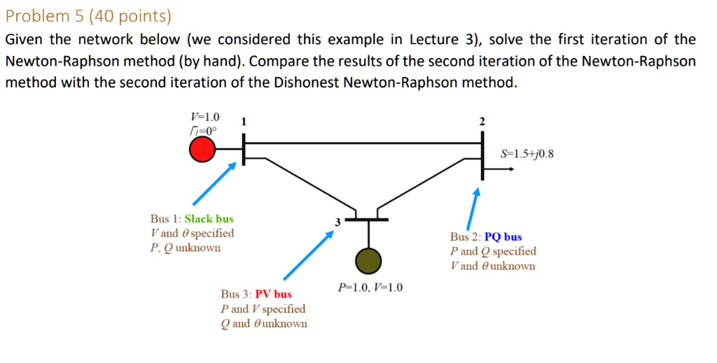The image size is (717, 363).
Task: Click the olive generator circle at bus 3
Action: [x=368, y=260]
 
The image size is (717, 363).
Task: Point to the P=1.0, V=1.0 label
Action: [x=370, y=287]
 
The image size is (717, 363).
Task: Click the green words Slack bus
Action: [x=209, y=219]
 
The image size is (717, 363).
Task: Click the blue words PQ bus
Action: [x=503, y=237]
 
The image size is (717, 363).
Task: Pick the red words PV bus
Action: [x=273, y=294]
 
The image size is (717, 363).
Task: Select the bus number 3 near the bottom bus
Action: [x=337, y=222]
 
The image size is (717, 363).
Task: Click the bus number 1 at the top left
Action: [x=243, y=122]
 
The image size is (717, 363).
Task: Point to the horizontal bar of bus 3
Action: [x=368, y=219]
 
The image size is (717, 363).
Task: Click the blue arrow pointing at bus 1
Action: [x=215, y=184]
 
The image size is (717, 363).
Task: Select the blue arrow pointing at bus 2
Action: [x=473, y=206]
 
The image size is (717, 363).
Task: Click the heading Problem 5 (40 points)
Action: [x=88, y=15]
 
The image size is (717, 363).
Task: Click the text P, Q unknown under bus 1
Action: [x=185, y=248]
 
